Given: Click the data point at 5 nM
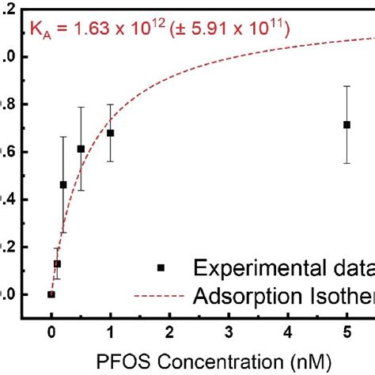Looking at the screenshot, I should [347, 124].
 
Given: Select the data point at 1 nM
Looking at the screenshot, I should [110, 133].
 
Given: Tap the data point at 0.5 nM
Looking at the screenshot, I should [81, 149].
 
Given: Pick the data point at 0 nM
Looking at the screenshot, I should [51, 294].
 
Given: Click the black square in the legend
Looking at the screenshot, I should [161, 268].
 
